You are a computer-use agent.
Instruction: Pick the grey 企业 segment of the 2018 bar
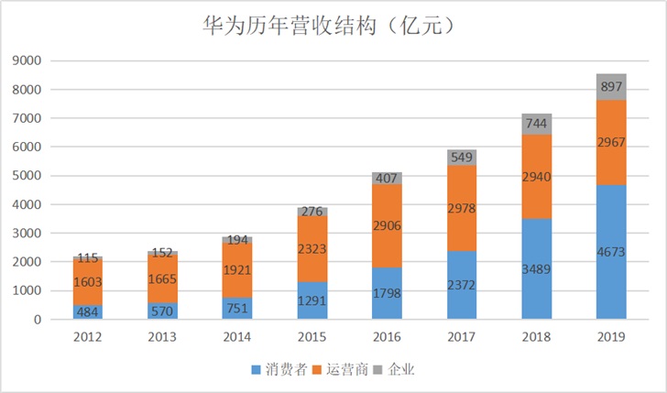[536, 124]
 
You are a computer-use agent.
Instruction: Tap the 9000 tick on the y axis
[29, 61]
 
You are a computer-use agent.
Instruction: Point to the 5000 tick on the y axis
[29, 176]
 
